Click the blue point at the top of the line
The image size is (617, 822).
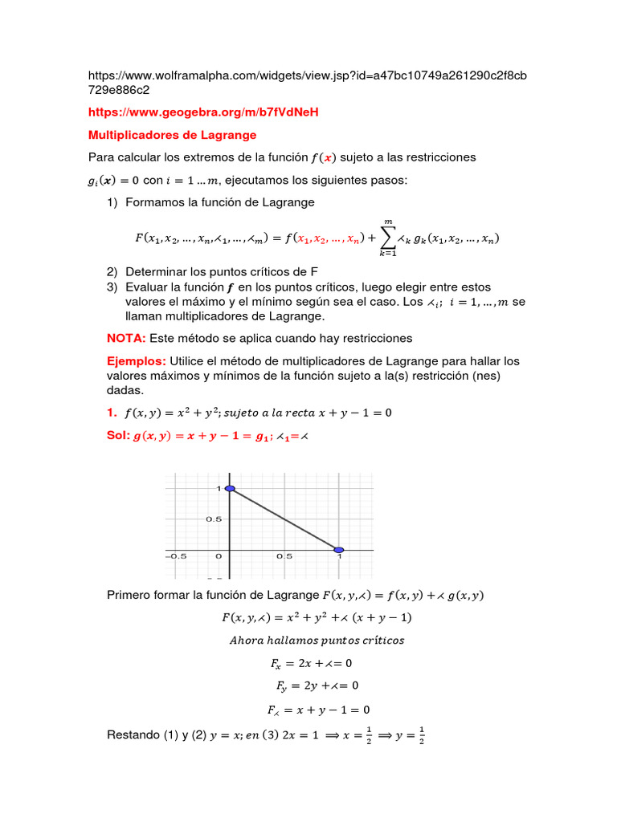click(230, 488)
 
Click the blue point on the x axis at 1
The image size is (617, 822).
click(339, 550)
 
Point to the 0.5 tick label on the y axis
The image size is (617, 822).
click(213, 519)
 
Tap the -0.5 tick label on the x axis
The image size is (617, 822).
click(176, 555)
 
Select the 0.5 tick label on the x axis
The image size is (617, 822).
click(284, 555)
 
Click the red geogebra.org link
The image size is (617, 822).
click(203, 112)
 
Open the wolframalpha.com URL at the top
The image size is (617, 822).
click(308, 75)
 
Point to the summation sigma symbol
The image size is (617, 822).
click(388, 237)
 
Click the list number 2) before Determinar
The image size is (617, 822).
click(112, 271)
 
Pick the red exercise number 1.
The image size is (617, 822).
click(112, 413)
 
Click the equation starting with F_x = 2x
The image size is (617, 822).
click(312, 663)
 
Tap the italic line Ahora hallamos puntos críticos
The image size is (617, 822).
click(317, 640)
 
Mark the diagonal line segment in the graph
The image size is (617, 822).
click(284, 519)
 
